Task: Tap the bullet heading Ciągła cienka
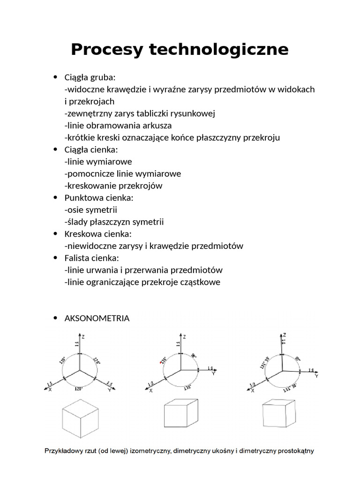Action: tap(91, 150)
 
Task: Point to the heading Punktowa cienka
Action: tap(99, 198)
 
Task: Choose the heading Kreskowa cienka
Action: tap(98, 234)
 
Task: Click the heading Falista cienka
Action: tap(92, 258)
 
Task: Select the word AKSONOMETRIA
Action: tap(97, 318)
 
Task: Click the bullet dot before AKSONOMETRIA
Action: tap(55, 318)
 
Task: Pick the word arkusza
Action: tap(157, 126)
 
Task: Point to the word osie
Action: tap(76, 210)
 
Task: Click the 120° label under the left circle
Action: tap(79, 389)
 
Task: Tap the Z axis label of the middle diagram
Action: tap(185, 336)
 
